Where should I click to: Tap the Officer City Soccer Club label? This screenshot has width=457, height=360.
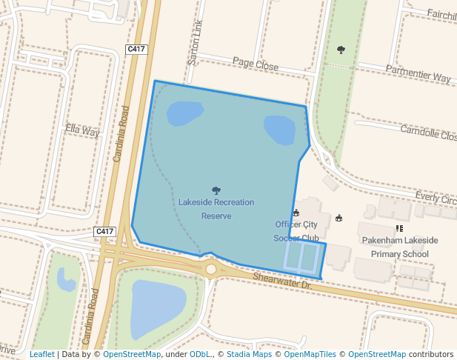tap(296, 231)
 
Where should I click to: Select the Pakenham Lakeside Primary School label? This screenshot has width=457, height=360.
tap(400, 247)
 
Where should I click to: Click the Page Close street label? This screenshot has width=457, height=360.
tap(256, 65)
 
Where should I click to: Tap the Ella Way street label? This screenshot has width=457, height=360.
tap(82, 131)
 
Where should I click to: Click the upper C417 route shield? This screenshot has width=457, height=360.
tap(136, 49)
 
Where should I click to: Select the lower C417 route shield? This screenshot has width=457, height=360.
tap(105, 232)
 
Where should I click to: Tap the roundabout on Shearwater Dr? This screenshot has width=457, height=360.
tap(212, 269)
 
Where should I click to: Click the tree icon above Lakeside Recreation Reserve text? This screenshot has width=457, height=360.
tap(216, 190)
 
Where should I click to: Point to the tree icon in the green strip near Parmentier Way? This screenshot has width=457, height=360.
tap(341, 50)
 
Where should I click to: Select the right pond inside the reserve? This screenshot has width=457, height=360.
tap(279, 130)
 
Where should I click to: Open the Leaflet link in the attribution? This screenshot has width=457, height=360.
tap(41, 354)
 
